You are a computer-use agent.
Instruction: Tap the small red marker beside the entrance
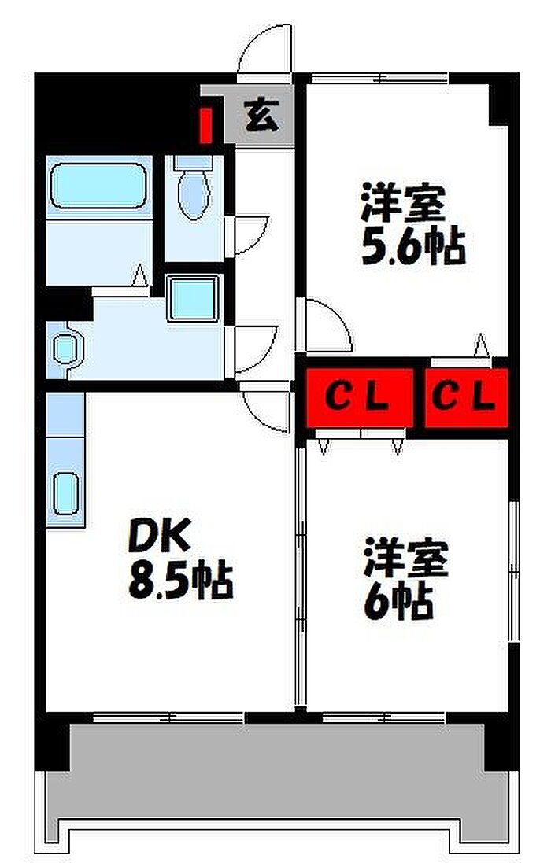[x=206, y=127]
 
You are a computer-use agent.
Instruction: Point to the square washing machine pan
[x=194, y=298]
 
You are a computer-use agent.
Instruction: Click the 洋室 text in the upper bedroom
[x=404, y=202]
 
